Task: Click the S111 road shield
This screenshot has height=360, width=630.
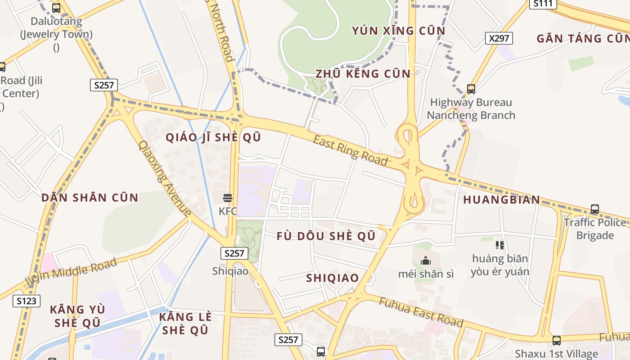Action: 543,4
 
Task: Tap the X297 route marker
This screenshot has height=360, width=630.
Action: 499,38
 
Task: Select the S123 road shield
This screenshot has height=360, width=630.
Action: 27,301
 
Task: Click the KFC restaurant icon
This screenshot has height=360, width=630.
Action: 228,198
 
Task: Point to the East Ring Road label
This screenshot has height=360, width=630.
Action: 350,150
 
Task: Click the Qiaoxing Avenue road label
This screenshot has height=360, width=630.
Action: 164,179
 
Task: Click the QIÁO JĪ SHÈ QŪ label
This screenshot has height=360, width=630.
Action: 213,138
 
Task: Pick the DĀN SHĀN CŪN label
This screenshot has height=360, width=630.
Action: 90,198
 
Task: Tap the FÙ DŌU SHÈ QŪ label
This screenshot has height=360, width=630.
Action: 326,236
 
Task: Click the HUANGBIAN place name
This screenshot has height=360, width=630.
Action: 501,200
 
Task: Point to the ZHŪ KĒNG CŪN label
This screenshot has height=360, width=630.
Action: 363,74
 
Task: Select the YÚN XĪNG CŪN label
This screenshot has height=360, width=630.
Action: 398,31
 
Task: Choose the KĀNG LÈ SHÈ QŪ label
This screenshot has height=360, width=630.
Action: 185,323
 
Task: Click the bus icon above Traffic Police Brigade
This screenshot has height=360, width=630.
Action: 595,209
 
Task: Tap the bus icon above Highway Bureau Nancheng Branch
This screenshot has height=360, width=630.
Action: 471,89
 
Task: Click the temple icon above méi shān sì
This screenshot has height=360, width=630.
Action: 426,261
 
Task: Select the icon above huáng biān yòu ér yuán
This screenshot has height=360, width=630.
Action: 500,245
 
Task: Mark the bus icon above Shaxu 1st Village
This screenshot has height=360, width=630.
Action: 557,341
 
